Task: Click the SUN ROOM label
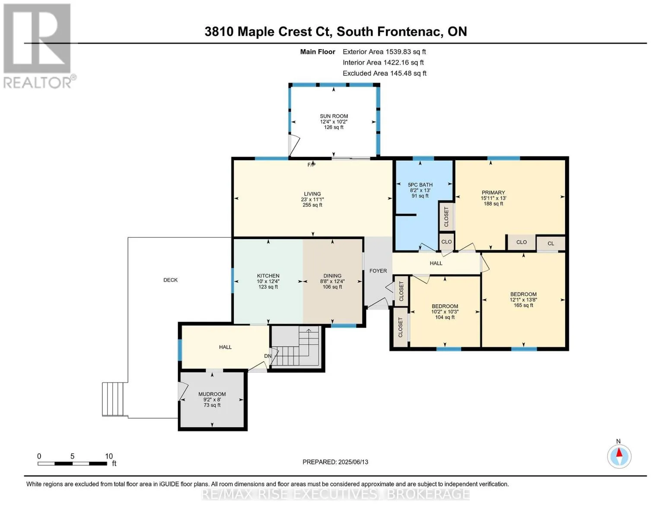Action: (334, 116)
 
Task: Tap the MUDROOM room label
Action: (212, 394)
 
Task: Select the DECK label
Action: (171, 280)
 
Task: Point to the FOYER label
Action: (378, 271)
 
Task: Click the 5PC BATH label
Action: (420, 184)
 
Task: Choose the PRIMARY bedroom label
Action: (493, 193)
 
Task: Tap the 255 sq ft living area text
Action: (312, 205)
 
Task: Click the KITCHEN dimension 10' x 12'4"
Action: (268, 281)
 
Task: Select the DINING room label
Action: (332, 275)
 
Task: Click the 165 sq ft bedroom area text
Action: (523, 305)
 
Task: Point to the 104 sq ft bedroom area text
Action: (445, 317)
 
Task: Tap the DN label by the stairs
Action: (268, 356)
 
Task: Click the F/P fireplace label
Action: (311, 165)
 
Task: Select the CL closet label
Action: (550, 243)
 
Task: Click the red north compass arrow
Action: (619, 452)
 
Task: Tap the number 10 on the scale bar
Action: (109, 456)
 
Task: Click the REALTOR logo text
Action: (38, 82)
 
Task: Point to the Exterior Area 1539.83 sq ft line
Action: (384, 52)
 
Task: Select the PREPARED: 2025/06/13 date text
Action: (335, 462)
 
